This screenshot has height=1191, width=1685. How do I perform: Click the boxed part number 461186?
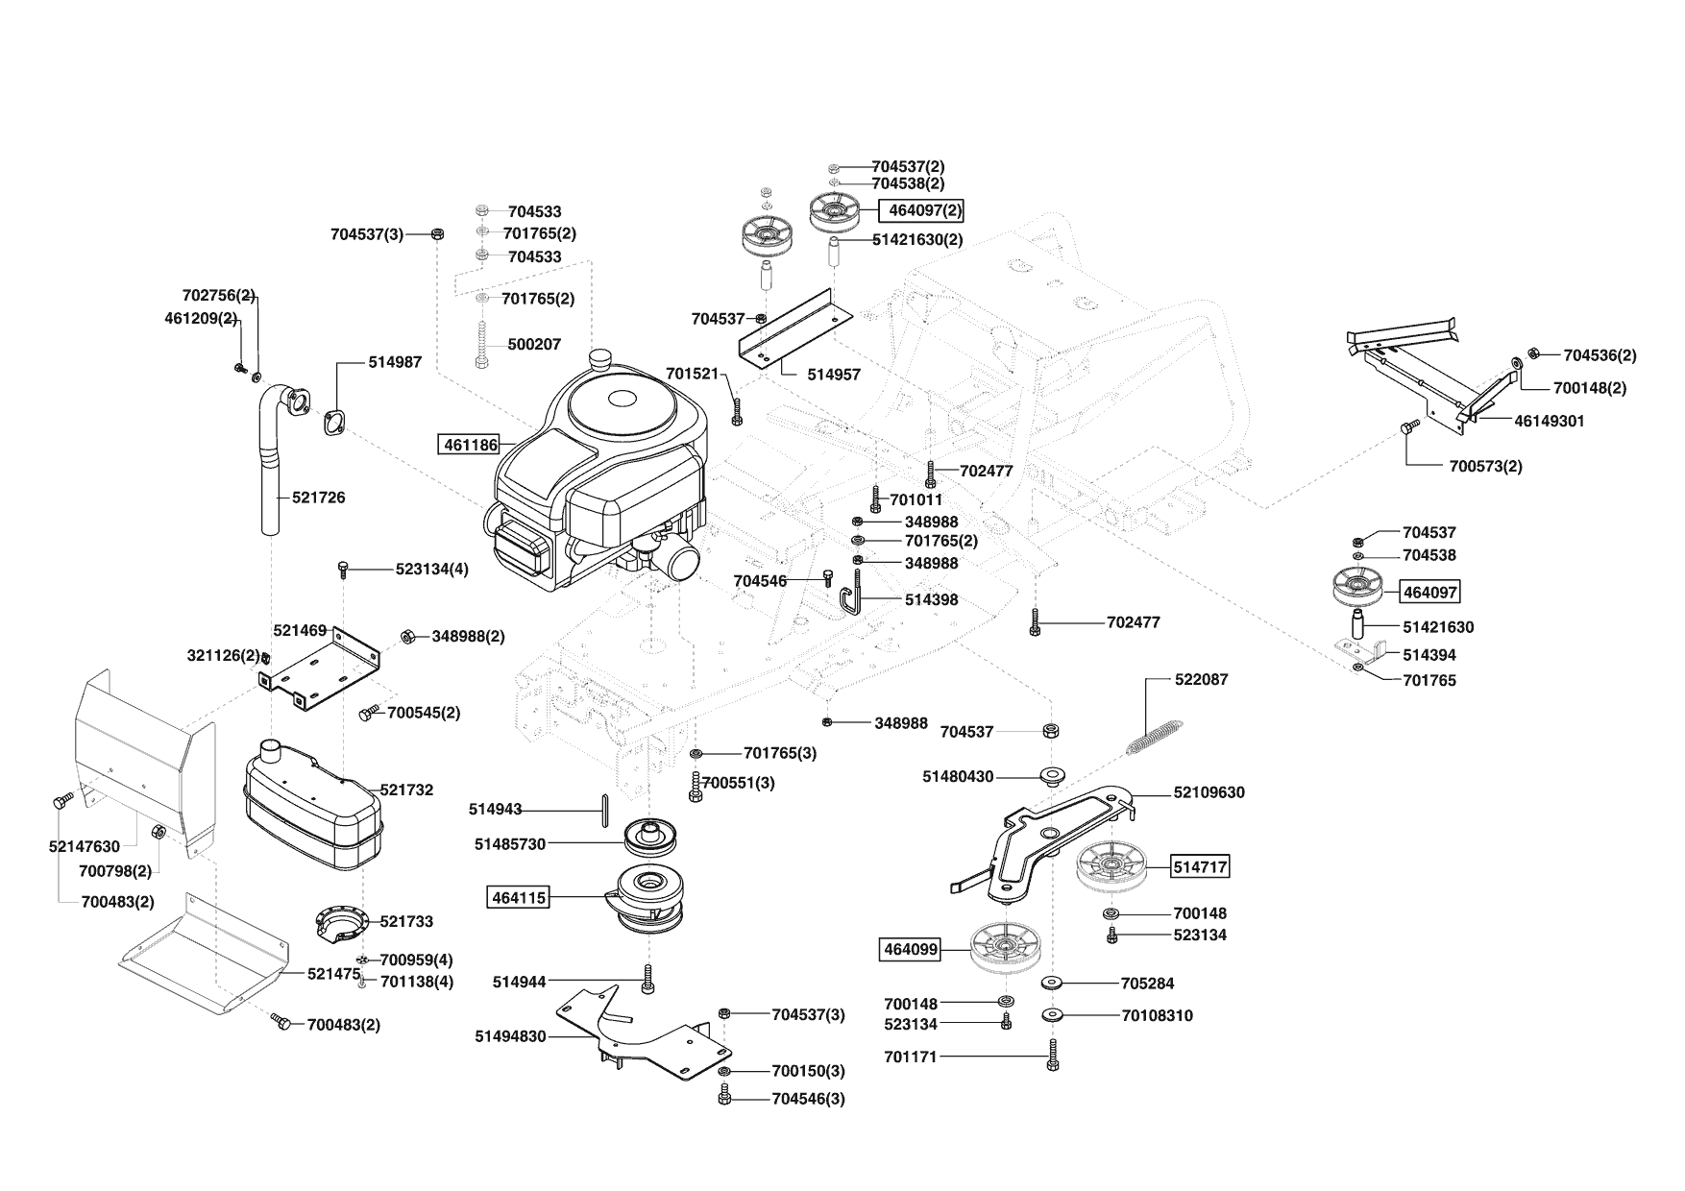click(x=470, y=445)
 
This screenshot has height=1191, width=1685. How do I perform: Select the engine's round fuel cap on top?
click(x=602, y=360)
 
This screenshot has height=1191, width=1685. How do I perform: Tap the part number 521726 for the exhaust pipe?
click(x=319, y=498)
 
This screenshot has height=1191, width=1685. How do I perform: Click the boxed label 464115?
click(x=519, y=898)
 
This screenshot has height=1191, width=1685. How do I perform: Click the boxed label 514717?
click(x=1200, y=867)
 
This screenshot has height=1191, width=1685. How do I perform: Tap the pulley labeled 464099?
click(x=1006, y=950)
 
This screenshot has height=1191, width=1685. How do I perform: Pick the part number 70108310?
click(x=1157, y=1015)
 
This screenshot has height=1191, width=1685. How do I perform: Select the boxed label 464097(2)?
click(x=919, y=210)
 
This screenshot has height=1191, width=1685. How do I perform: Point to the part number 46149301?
click(x=1550, y=421)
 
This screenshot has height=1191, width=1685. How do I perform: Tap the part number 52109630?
click(x=1209, y=792)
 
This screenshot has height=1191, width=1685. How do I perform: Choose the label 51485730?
click(x=509, y=844)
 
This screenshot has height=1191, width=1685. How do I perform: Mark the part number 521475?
click(x=333, y=974)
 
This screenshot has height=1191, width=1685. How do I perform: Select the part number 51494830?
click(x=509, y=1036)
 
